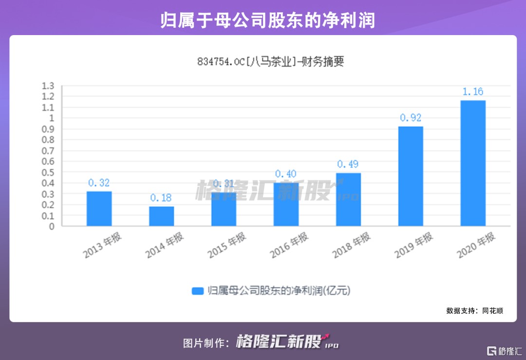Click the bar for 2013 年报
coord(99,208)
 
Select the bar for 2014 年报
coord(161,216)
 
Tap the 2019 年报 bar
coord(411,176)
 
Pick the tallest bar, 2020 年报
coord(473,163)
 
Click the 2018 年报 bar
coord(348,199)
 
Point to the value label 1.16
coord(473,92)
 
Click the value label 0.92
coord(411,117)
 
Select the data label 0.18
coord(161,198)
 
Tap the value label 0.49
coord(348,164)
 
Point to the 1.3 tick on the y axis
coord(48,86)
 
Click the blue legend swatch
coord(197,291)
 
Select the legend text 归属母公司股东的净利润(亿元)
coord(279,291)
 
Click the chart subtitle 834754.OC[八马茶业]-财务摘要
coord(270,62)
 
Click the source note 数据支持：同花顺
coord(474,310)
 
